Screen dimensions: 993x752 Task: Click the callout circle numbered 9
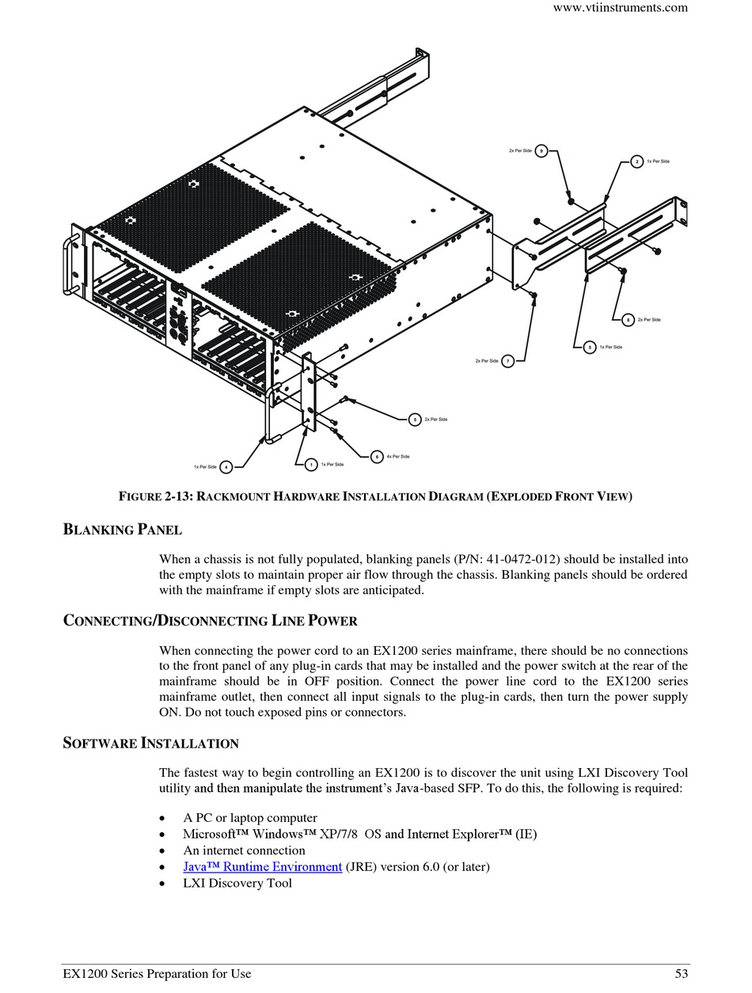pos(541,150)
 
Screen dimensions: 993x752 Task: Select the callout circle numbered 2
pos(637,162)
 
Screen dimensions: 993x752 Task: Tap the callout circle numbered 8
pos(628,320)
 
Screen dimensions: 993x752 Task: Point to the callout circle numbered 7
pos(508,361)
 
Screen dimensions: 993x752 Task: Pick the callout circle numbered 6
pos(377,457)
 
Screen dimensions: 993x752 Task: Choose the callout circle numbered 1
pos(311,465)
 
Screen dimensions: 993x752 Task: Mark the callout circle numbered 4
pos(226,467)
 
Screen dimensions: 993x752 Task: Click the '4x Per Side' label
pos(398,457)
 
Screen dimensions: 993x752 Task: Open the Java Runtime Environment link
pos(263,866)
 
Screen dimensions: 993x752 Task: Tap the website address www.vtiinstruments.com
pos(620,8)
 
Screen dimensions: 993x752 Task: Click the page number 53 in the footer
pos(681,974)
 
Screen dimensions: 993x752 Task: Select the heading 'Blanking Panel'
pos(123,529)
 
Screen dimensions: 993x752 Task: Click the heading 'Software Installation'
pos(150,743)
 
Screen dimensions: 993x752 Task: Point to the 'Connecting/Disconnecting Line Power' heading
pos(210,620)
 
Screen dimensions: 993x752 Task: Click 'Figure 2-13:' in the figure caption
pos(155,496)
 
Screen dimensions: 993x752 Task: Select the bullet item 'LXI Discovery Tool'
pos(237,883)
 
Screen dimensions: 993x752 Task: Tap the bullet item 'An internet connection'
pos(244,850)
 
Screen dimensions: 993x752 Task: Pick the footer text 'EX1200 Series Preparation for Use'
pos(157,974)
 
